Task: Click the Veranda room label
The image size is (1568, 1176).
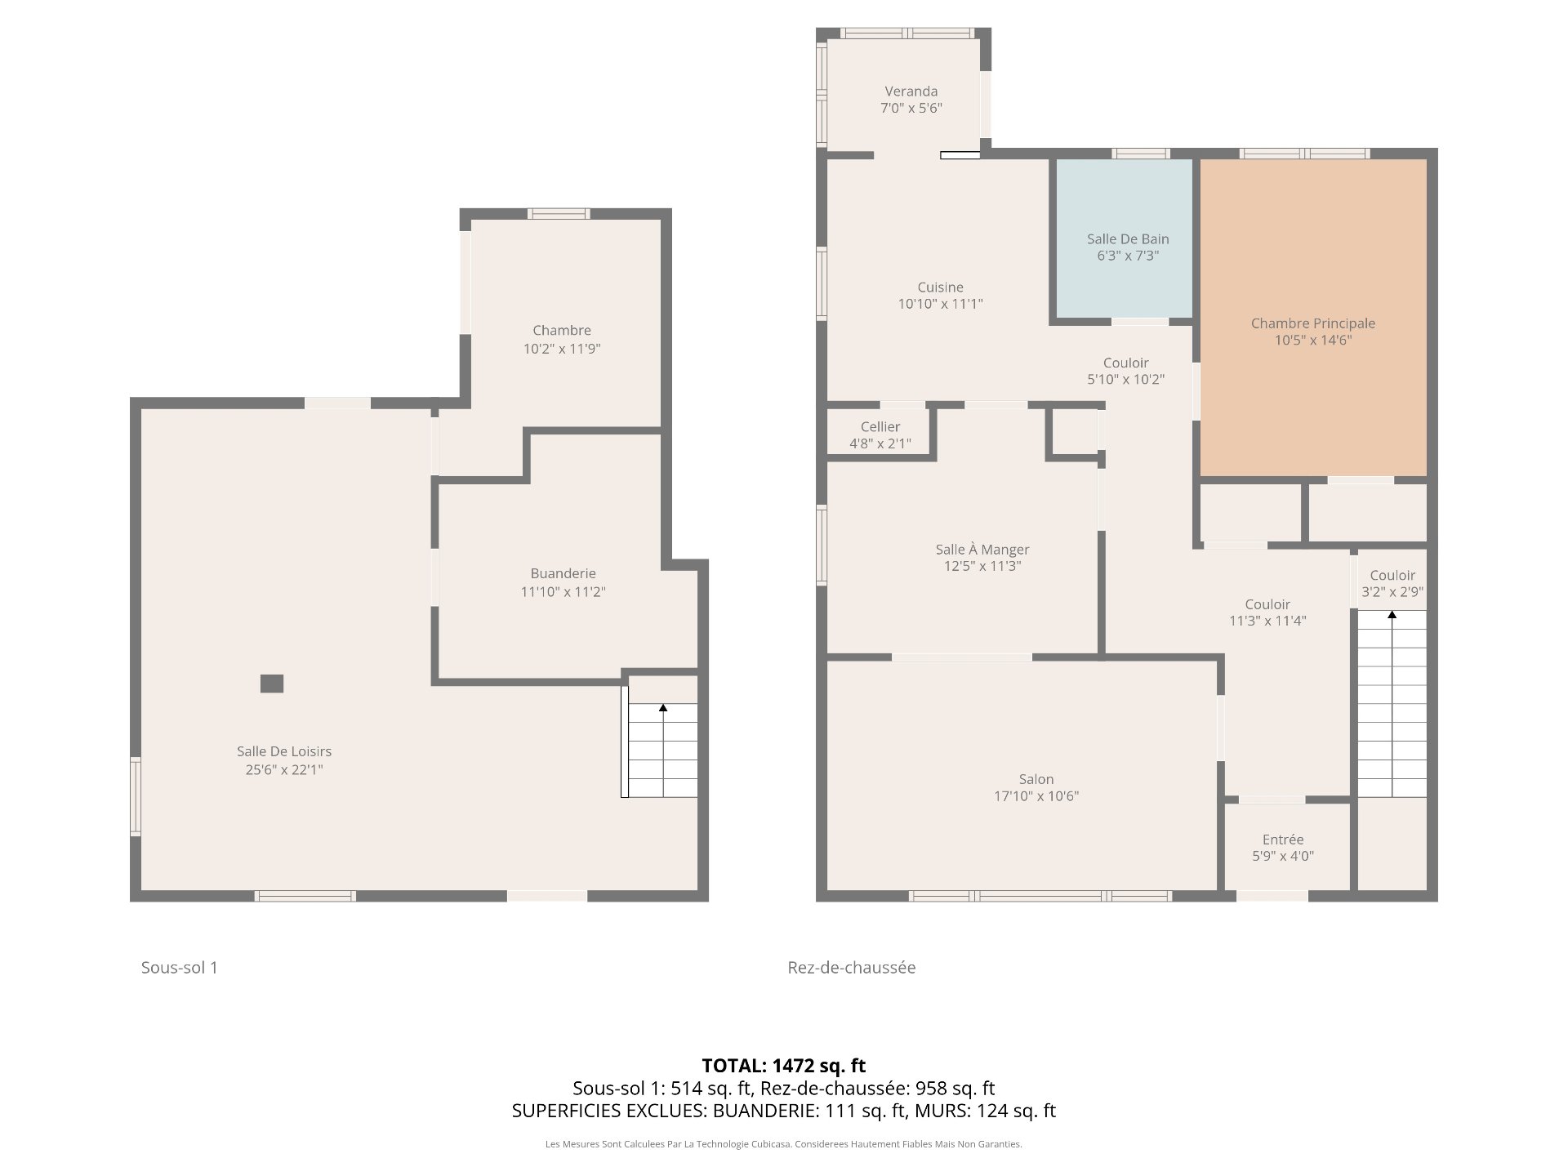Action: coord(911,91)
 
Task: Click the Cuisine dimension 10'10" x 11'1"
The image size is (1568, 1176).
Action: coord(940,304)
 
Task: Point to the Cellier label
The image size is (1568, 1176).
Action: coord(880,427)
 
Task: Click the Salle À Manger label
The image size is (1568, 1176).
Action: coord(982,550)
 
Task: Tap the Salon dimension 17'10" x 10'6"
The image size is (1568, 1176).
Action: coord(1036,796)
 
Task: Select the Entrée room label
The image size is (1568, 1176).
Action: coord(1283,840)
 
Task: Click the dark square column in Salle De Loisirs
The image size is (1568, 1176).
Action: coord(272,684)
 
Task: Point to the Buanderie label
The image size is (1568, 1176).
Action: coord(563,573)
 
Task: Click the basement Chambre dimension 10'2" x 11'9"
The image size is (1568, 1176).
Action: coord(562,349)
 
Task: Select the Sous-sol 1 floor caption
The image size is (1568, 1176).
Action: coord(180,968)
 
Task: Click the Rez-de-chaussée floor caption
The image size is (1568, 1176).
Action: coord(852,968)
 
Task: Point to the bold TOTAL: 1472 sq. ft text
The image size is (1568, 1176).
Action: coord(784,1066)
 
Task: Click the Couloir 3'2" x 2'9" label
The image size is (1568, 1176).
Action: coord(1392,584)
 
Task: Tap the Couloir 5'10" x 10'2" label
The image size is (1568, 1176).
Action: coord(1125,371)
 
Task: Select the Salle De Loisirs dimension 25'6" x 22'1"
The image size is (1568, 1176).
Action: coord(284,769)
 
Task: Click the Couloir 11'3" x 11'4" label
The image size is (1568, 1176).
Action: coord(1267,612)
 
